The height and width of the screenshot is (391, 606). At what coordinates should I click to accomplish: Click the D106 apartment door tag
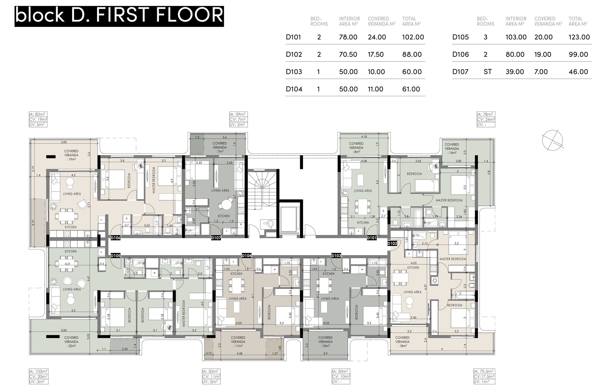click(116, 238)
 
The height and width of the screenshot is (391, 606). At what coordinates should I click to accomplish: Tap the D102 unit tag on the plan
click(392, 243)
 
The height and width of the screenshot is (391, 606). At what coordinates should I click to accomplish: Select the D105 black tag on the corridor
click(116, 256)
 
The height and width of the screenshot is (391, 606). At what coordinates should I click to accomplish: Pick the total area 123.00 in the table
click(579, 37)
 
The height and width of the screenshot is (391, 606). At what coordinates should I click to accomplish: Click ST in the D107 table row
click(488, 72)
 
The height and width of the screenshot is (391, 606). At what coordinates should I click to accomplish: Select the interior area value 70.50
click(348, 54)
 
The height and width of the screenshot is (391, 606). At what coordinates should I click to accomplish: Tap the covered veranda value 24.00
click(377, 37)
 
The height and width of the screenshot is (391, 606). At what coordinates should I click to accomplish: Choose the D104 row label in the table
click(294, 89)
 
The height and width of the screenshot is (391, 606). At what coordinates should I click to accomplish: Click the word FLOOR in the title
click(190, 15)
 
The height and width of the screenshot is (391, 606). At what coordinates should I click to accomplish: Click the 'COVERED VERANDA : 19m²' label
click(71, 155)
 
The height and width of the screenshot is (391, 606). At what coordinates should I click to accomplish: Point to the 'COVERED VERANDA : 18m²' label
click(402, 342)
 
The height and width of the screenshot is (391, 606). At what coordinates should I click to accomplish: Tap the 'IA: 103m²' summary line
click(38, 371)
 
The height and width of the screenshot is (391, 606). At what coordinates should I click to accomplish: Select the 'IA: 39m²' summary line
click(238, 114)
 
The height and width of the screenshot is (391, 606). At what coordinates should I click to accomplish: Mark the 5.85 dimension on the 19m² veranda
click(64, 142)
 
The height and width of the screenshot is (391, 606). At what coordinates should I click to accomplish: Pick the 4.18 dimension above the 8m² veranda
click(364, 137)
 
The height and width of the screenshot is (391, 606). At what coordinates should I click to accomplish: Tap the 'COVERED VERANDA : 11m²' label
click(238, 342)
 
